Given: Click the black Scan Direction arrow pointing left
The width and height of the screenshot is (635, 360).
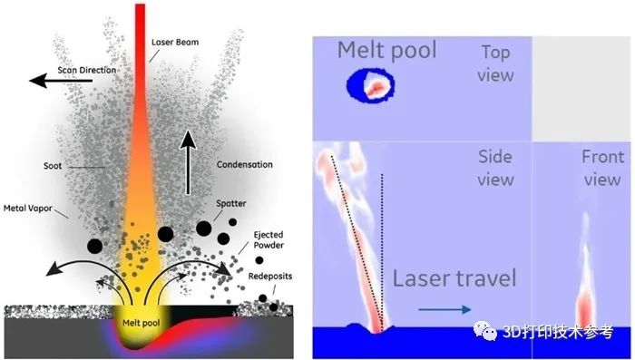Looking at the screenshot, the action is click(x=60, y=81).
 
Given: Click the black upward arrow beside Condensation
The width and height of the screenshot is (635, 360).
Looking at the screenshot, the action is click(x=189, y=161).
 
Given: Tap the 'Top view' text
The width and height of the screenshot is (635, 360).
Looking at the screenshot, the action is click(x=494, y=64).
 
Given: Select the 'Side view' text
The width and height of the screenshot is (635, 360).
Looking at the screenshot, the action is click(x=495, y=169).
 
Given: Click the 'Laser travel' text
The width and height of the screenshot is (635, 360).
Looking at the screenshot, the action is click(x=454, y=277).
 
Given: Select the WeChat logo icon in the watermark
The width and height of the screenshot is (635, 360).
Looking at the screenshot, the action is click(x=485, y=333).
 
